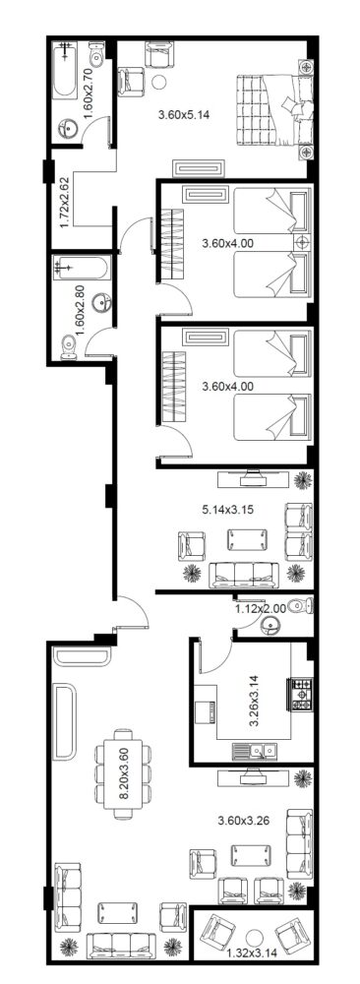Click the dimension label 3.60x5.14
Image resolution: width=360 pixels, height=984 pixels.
pyautogui.click(x=183, y=115)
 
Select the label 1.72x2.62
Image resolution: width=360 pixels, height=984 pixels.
pyautogui.click(x=65, y=204)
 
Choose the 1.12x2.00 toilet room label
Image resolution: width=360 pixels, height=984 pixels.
pyautogui.click(x=261, y=608)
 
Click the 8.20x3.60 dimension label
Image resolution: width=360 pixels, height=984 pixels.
pyautogui.click(x=124, y=778)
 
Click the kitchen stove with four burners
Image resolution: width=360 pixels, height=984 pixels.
pyautogui.click(x=301, y=694)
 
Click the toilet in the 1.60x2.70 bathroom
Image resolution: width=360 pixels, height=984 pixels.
pyautogui.click(x=96, y=55)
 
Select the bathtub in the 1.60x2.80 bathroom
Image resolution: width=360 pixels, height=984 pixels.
pyautogui.click(x=83, y=269)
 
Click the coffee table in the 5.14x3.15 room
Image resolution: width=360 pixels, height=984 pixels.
pyautogui.click(x=247, y=539)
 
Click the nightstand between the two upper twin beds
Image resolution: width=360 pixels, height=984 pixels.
pyautogui.click(x=302, y=242)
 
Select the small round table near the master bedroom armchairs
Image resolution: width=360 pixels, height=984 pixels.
pyautogui.click(x=159, y=82)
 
